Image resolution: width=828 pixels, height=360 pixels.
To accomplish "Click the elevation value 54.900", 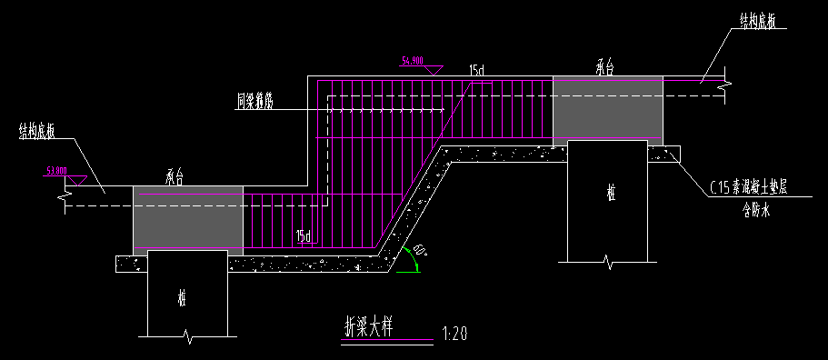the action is click(x=413, y=61).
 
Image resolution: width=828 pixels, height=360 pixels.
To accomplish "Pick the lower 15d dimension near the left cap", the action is click(x=304, y=238).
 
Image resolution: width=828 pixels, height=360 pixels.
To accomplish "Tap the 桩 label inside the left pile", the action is click(x=182, y=298).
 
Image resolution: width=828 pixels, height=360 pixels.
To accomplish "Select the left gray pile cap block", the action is click(x=188, y=217).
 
